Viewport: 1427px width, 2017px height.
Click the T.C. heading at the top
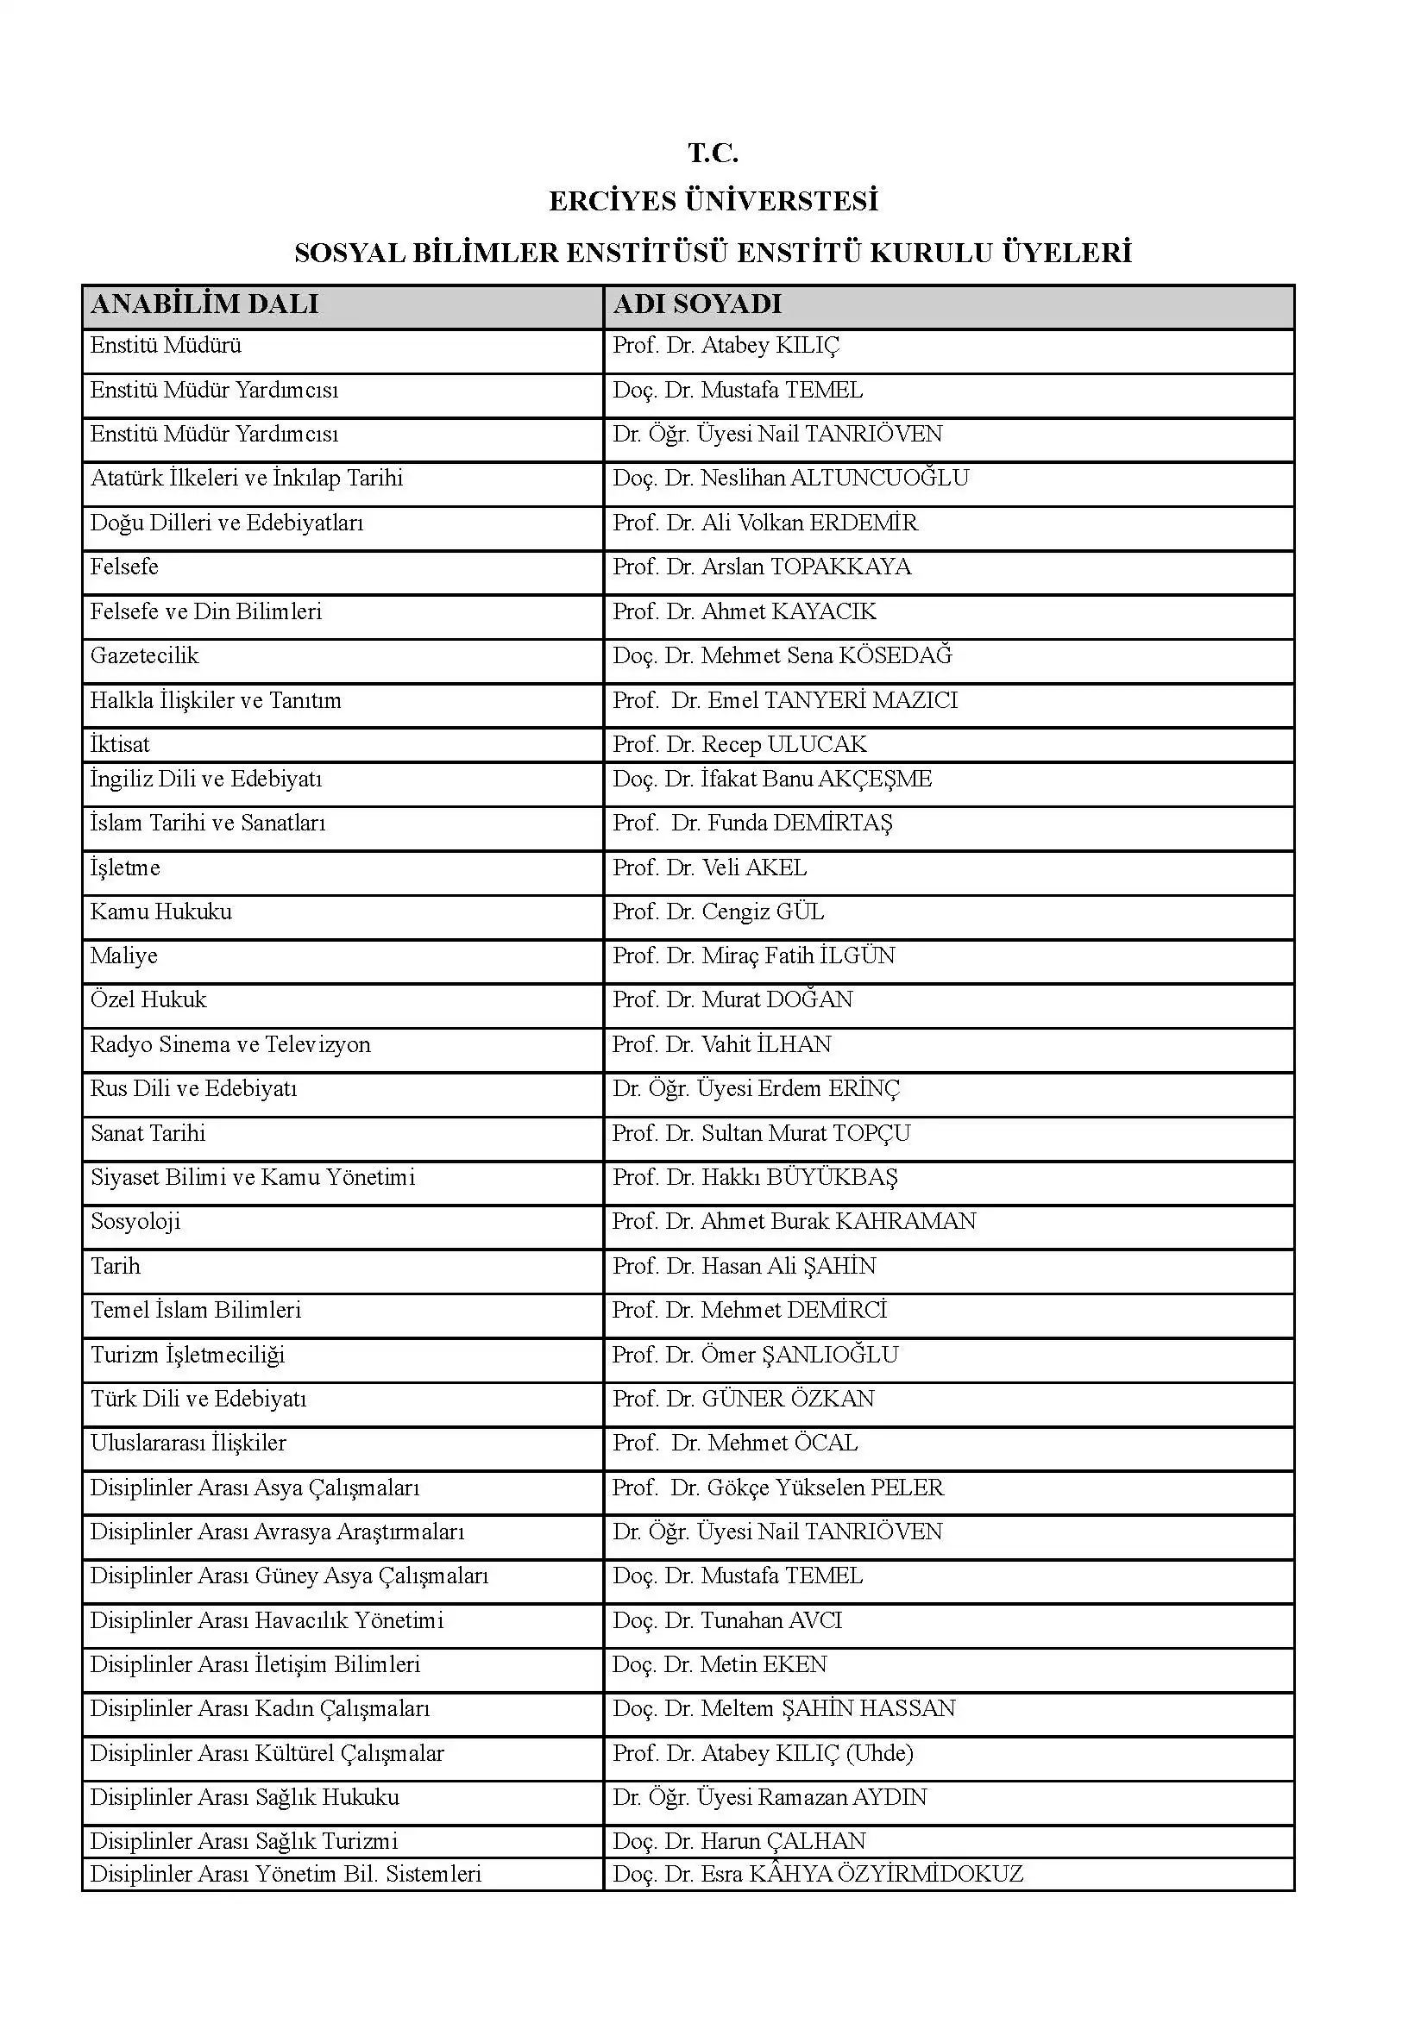click(713, 153)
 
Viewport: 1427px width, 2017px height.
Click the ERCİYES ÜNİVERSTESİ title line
click(713, 201)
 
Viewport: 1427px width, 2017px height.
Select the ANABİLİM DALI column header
click(204, 304)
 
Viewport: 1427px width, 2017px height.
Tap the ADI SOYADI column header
click(697, 304)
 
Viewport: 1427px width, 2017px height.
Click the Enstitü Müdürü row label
click(165, 345)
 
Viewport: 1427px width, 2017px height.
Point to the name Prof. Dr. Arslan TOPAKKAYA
click(761, 567)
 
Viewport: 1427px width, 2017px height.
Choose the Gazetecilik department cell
click(144, 655)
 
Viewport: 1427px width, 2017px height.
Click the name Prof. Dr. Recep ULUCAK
click(739, 744)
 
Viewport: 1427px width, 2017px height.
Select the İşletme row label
click(125, 868)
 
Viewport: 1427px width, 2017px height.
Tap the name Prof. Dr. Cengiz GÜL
click(718, 911)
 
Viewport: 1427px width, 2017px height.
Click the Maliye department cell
click(124, 955)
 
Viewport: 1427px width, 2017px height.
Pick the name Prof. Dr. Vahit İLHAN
click(721, 1044)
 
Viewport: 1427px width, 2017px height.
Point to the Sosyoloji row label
click(135, 1221)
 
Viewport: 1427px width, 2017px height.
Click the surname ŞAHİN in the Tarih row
click(839, 1266)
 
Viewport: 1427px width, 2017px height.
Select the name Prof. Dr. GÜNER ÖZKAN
click(743, 1399)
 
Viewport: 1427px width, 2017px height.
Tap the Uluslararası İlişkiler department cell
click(188, 1443)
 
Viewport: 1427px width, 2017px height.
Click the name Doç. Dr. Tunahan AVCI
click(726, 1620)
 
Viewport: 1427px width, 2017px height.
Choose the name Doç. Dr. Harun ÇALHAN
click(739, 1840)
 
